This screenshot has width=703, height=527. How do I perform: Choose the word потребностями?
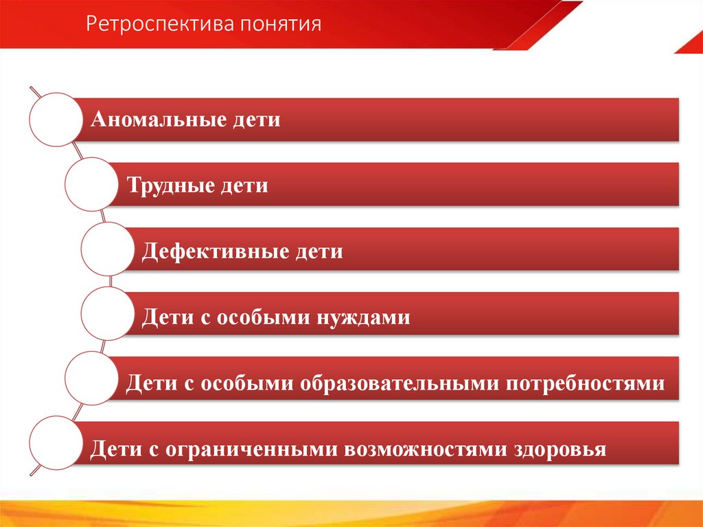click(586, 383)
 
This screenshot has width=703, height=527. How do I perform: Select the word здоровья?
click(562, 449)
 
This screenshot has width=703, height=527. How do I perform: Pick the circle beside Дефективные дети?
click(107, 251)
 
